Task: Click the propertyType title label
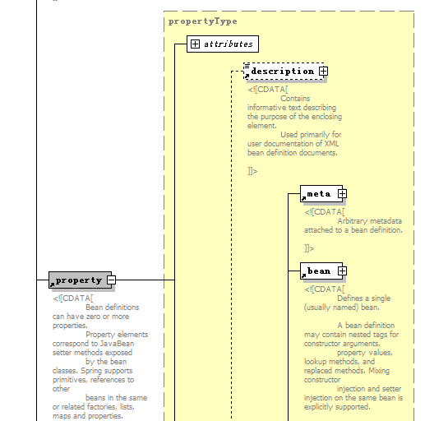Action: point(203,21)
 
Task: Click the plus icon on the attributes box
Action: point(195,44)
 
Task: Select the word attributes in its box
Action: point(229,44)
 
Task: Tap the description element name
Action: point(283,72)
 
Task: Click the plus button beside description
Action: point(323,72)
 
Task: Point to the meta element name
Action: point(319,194)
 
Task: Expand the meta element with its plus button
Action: point(342,194)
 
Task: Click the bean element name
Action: point(319,271)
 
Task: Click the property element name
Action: point(79,280)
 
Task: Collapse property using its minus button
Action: point(111,280)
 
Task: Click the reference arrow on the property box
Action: point(52,285)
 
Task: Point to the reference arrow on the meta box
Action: point(303,198)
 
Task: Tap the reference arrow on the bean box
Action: point(303,275)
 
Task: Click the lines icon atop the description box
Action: point(247,66)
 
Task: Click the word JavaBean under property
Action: point(117,344)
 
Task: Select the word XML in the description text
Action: point(331,144)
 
